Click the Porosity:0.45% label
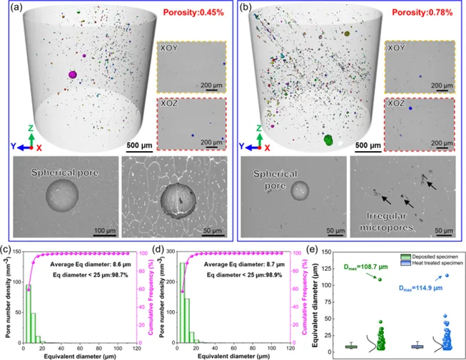coord(193,13)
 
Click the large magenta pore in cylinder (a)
coord(73,74)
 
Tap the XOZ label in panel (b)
coord(396,103)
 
